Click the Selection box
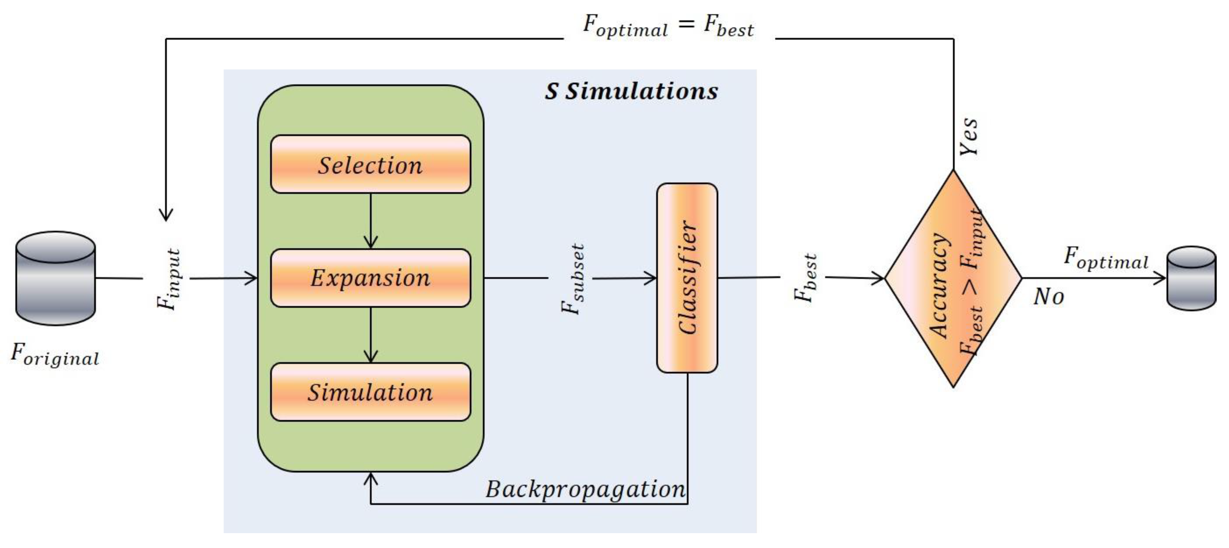tap(370, 164)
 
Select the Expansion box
tap(370, 278)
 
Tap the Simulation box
tap(370, 392)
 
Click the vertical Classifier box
tap(687, 278)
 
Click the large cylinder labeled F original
tap(55, 278)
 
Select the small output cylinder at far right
tap(1191, 278)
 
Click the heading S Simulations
tap(631, 91)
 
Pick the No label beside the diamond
tap(1048, 297)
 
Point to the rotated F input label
tap(168, 279)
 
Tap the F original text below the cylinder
tap(55, 355)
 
